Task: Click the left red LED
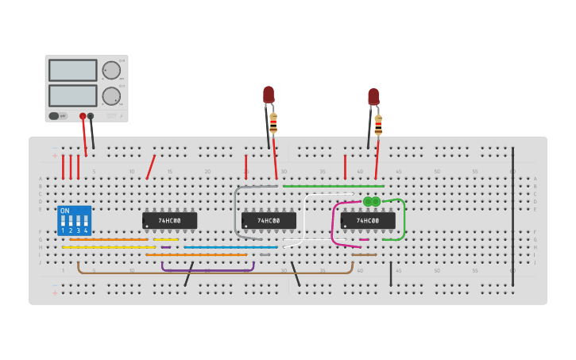[269, 95]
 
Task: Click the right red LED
[373, 97]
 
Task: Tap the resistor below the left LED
[273, 123]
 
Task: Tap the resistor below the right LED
[378, 125]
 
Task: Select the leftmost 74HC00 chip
[169, 220]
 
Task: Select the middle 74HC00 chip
[269, 220]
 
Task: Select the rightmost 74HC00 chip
[367, 220]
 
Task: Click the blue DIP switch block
[74, 221]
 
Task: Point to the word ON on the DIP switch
[64, 211]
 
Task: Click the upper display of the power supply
[72, 71]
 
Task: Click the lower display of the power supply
[72, 95]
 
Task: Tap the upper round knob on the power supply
[111, 70]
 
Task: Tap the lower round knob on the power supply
[111, 96]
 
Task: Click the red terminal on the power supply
[83, 116]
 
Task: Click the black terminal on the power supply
[91, 116]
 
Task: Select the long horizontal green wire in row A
[333, 187]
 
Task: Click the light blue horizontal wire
[230, 247]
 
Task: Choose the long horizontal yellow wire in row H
[108, 247]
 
